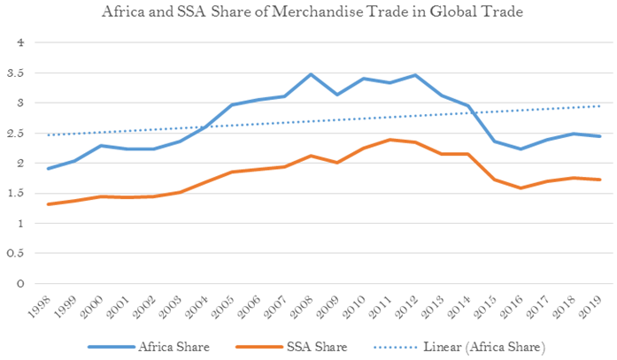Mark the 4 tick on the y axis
(x=36, y=42)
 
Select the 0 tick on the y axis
(x=36, y=284)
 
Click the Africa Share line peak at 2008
(x=311, y=74)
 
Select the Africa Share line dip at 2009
(x=336, y=95)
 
